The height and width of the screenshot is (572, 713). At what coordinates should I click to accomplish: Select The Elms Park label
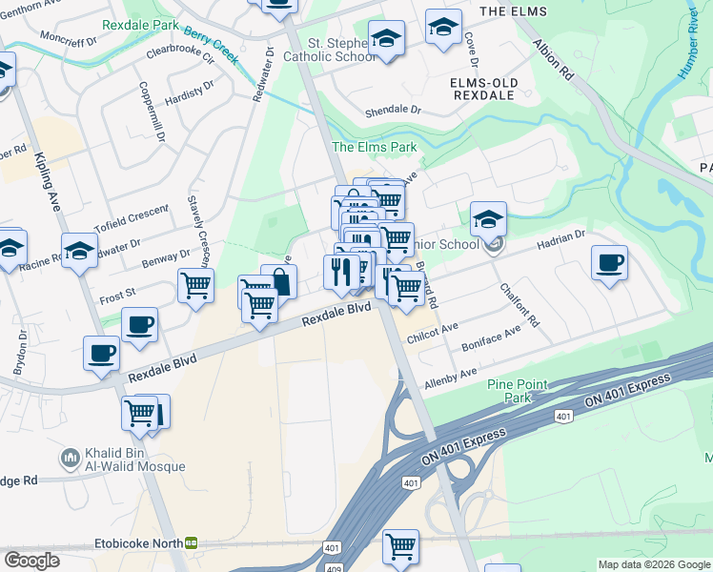pos(374,147)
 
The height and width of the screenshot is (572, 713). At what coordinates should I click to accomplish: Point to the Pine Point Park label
pos(518,390)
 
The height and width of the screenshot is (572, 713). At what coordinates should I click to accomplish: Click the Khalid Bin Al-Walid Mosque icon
pos(70,460)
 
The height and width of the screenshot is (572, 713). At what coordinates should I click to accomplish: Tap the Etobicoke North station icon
pos(191,542)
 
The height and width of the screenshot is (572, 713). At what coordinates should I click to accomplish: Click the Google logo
pos(31,560)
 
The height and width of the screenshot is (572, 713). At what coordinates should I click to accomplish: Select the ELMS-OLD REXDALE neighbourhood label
pos(484,91)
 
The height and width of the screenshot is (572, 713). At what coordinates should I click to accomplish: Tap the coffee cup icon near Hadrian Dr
pos(609,263)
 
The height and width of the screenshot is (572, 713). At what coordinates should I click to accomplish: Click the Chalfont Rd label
pos(518,305)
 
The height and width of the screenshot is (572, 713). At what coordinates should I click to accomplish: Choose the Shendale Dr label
pos(394,112)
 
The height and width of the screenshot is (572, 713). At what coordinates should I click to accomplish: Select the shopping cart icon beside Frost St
pos(195,285)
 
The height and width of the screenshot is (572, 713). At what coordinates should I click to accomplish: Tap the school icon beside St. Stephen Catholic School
pos(386,39)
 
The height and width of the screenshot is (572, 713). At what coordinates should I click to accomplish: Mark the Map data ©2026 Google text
pos(653,564)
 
